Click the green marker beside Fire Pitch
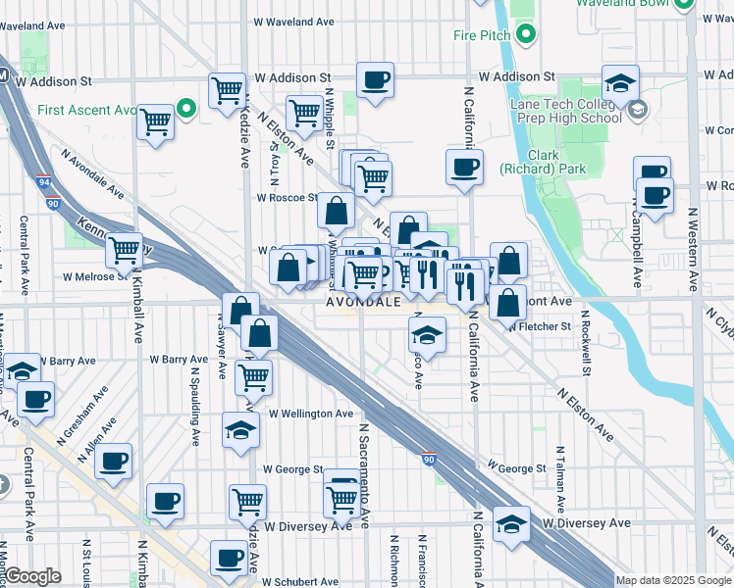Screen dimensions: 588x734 tap(526, 36)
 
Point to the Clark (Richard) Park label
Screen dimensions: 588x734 tap(556, 162)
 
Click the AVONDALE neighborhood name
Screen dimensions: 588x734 tap(364, 303)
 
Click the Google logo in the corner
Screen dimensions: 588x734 tap(32, 576)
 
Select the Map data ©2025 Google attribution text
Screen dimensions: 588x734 tap(672, 580)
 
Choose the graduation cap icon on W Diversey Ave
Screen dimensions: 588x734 tap(511, 524)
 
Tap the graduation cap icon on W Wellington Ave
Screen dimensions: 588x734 tap(240, 430)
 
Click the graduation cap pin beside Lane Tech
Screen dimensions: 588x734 tap(620, 84)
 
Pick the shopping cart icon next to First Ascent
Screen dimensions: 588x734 tap(156, 122)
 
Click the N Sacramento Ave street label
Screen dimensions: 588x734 tap(362, 475)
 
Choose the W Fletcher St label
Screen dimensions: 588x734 tap(541, 326)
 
